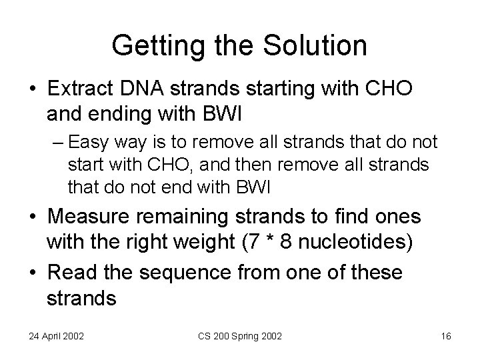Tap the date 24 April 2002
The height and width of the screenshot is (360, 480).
(56, 336)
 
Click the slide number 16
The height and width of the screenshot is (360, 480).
(445, 336)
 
